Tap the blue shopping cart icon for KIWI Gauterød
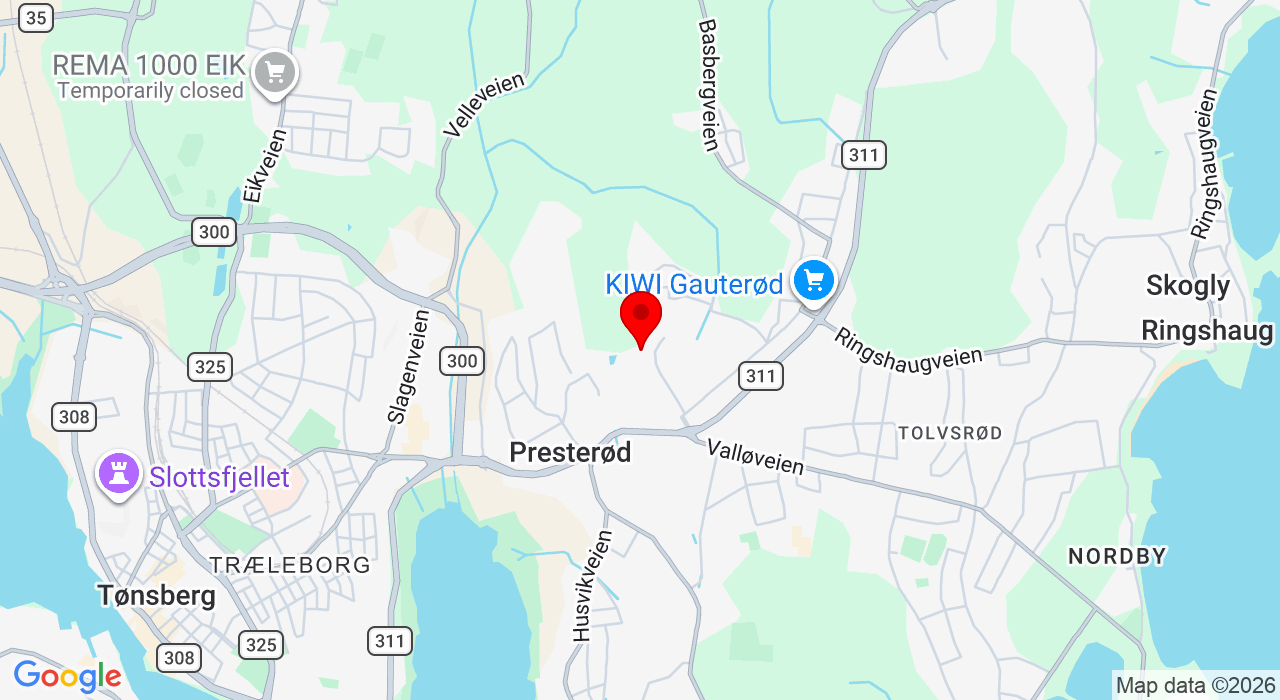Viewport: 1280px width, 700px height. [x=814, y=280]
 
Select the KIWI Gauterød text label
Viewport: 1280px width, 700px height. [x=694, y=285]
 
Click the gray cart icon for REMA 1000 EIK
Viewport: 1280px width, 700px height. [x=275, y=72]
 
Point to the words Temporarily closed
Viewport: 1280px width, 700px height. [x=150, y=91]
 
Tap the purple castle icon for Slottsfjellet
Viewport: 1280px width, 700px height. [x=118, y=474]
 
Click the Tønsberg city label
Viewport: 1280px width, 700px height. [x=156, y=596]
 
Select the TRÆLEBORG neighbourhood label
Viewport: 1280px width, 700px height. [x=290, y=565]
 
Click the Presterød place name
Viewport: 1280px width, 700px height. [x=570, y=453]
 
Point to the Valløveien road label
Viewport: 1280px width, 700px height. [x=755, y=457]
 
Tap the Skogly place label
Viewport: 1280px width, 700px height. [x=1188, y=286]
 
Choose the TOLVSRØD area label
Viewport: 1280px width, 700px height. [x=950, y=433]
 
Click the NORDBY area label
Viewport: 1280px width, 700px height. [x=1117, y=557]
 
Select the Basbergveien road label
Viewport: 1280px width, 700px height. [x=709, y=85]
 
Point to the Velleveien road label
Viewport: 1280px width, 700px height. [x=484, y=104]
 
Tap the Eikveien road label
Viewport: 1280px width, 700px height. [x=264, y=166]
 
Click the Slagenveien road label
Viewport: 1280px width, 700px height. [x=408, y=366]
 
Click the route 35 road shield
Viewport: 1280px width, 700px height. [x=35, y=17]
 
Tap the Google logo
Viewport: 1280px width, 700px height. [x=67, y=677]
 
